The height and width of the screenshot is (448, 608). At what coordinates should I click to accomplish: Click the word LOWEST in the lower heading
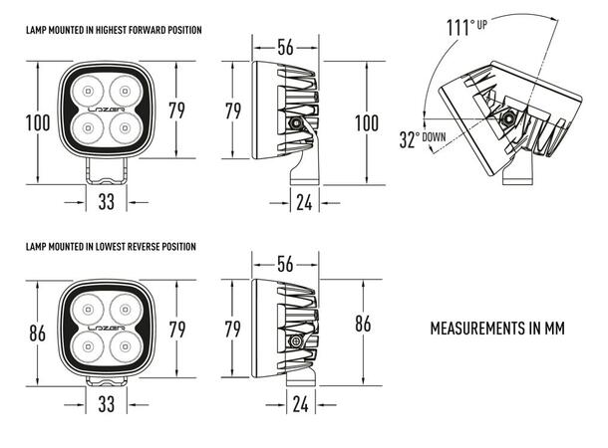click(121, 246)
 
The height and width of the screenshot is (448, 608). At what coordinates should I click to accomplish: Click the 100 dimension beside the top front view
click(38, 122)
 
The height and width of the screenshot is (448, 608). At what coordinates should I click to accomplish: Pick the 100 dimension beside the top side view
click(367, 122)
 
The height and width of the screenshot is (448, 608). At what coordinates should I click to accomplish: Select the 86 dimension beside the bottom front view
click(38, 334)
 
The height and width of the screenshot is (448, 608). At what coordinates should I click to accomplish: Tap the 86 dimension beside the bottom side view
click(363, 324)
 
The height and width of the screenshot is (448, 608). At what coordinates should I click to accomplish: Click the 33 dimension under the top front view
click(107, 202)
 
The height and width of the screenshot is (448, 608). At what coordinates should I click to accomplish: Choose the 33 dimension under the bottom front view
click(107, 405)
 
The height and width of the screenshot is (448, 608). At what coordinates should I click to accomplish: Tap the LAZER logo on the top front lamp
click(108, 104)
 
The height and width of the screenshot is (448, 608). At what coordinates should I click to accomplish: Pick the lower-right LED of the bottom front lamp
click(125, 347)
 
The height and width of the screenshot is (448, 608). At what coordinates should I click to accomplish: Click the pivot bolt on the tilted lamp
click(509, 118)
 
